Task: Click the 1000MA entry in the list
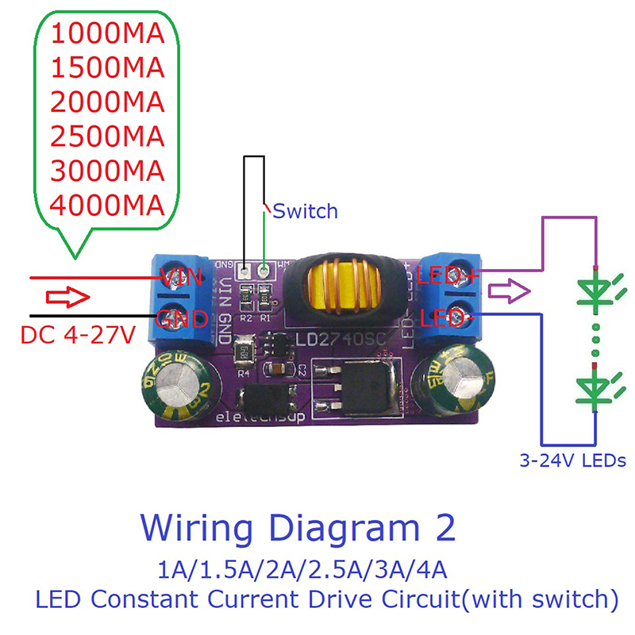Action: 106,33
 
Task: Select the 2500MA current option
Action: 106,137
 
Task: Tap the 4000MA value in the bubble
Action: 106,205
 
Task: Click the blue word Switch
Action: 306,211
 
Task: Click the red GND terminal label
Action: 182,319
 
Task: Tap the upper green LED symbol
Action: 595,290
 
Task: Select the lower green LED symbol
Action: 595,388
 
